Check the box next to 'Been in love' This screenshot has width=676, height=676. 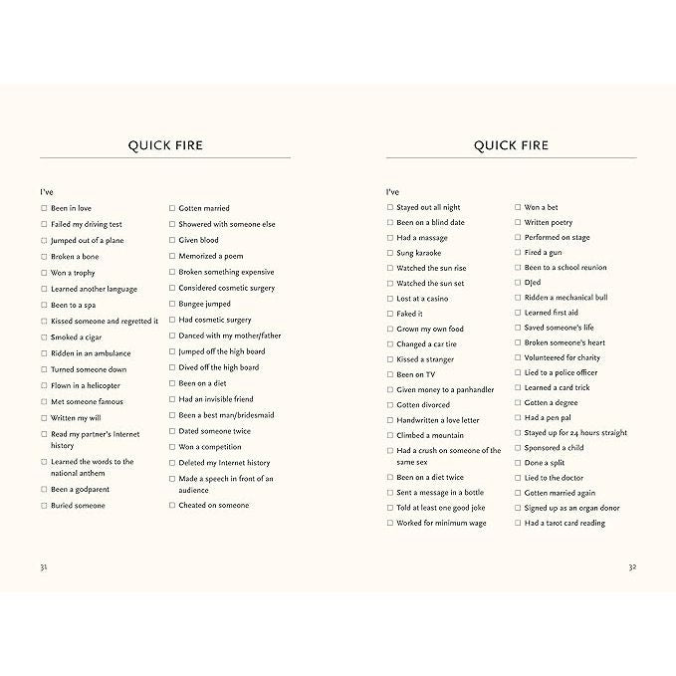point(44,208)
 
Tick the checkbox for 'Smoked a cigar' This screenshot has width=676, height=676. point(44,338)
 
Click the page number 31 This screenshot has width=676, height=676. point(43,566)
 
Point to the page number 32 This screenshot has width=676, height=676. point(632,566)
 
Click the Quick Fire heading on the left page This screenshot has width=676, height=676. point(165,145)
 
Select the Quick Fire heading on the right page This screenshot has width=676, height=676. point(511,145)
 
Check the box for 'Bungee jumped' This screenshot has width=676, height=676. point(171,304)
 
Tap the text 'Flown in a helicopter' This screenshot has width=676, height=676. point(86,385)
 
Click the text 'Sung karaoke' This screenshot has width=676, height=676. point(418,253)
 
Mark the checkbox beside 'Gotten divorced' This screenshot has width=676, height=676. point(389,405)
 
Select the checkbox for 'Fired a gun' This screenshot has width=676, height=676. point(518,253)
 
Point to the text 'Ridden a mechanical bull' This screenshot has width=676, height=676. point(565,298)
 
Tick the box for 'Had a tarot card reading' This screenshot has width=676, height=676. point(518,523)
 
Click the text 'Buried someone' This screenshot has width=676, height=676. point(78,506)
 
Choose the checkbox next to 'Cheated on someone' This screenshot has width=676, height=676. point(171,505)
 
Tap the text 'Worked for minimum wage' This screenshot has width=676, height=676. point(441,523)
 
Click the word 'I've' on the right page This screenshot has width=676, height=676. point(392,191)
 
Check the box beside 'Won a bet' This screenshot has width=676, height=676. point(518,207)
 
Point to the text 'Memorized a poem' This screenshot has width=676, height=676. point(210,256)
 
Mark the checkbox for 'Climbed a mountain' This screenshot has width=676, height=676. point(389,435)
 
